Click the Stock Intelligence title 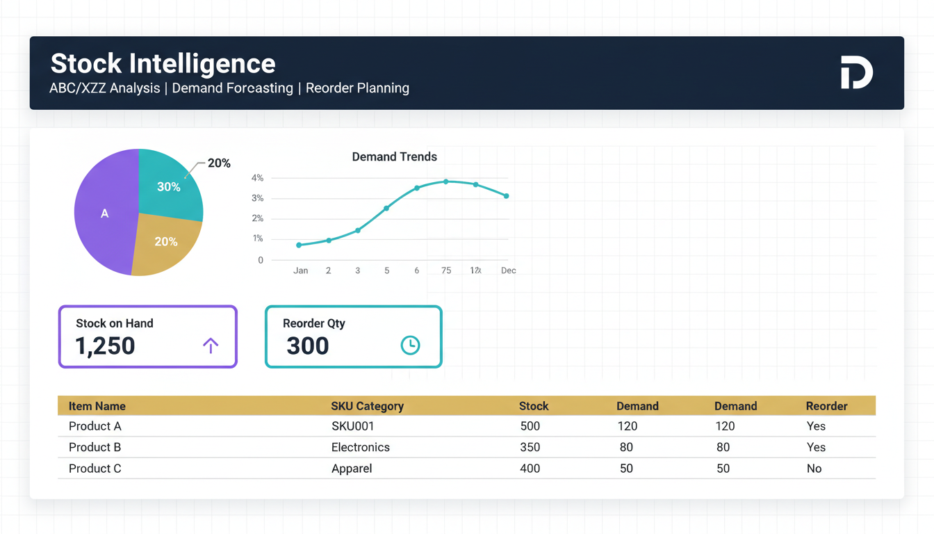[x=163, y=64]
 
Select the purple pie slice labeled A [x=104, y=213]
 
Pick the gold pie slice [x=165, y=242]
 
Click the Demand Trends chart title [x=394, y=157]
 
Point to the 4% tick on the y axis [x=257, y=178]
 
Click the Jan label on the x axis [x=300, y=270]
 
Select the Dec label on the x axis [x=508, y=270]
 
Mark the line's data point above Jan [x=299, y=245]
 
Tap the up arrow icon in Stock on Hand [x=210, y=345]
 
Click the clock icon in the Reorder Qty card [x=410, y=345]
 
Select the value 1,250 [x=105, y=346]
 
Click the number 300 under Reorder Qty [x=307, y=346]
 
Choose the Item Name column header [x=97, y=406]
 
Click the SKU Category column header [x=367, y=406]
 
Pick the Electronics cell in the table [x=360, y=447]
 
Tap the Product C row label [x=95, y=469]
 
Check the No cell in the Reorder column [x=814, y=469]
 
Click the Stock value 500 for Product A [x=530, y=426]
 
